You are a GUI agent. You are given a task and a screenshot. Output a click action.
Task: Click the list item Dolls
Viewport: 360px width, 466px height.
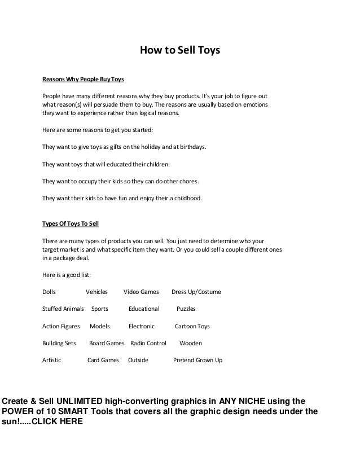point(50,292)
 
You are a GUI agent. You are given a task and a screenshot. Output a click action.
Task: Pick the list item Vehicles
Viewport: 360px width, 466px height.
point(96,292)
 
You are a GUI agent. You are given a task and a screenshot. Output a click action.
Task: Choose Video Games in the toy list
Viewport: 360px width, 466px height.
point(142,292)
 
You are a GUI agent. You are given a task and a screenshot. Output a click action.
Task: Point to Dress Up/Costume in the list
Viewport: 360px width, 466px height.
point(196,292)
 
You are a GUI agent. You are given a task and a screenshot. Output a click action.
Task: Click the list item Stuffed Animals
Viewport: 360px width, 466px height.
point(63,309)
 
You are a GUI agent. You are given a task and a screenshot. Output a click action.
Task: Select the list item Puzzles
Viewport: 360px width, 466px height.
point(186,309)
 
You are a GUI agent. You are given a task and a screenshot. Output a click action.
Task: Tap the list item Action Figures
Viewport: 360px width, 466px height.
point(61,326)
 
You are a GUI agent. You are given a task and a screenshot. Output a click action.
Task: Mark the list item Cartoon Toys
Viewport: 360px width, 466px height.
point(192,326)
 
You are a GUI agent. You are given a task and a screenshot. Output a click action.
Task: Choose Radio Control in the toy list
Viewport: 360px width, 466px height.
point(148,343)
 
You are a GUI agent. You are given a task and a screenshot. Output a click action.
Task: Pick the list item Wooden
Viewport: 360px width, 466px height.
point(190,343)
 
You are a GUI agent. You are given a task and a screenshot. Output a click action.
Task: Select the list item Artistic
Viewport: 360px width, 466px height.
point(52,360)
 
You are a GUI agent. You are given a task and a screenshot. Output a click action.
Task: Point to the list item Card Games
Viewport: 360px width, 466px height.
point(103,360)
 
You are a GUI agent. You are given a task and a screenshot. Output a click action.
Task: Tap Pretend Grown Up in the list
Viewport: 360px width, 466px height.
point(197,360)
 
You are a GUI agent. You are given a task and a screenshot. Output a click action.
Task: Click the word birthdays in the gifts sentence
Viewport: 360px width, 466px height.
point(191,147)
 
